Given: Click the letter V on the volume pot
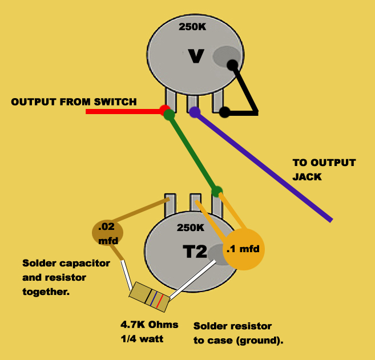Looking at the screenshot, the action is pyautogui.click(x=196, y=56).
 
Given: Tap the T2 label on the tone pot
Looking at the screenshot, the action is pyautogui.click(x=195, y=251).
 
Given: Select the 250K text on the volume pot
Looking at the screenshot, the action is pyautogui.click(x=192, y=27).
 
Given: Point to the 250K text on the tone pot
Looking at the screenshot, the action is pyautogui.click(x=191, y=228).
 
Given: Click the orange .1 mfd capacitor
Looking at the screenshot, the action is pyautogui.click(x=244, y=249).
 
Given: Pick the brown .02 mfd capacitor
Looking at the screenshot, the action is pyautogui.click(x=108, y=233).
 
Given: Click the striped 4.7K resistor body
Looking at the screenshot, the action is pyautogui.click(x=150, y=297).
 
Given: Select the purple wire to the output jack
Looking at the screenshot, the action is pyautogui.click(x=263, y=166).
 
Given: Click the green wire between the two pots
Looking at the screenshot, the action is pyautogui.click(x=192, y=153).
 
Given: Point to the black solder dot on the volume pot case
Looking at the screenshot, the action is pyautogui.click(x=232, y=66).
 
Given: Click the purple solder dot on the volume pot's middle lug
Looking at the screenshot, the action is pyautogui.click(x=195, y=112).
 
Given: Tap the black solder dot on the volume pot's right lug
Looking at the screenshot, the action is pyautogui.click(x=224, y=112).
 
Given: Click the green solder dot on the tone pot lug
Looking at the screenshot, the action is pyautogui.click(x=217, y=192).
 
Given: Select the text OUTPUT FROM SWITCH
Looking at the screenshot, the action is pyautogui.click(x=74, y=102).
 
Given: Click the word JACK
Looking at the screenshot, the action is pyautogui.click(x=307, y=177).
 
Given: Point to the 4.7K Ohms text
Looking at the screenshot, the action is pyautogui.click(x=150, y=325).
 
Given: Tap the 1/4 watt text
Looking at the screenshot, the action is pyautogui.click(x=142, y=339).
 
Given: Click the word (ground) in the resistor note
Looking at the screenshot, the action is pyautogui.click(x=260, y=341).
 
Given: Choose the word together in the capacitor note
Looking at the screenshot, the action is pyautogui.click(x=46, y=292).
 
